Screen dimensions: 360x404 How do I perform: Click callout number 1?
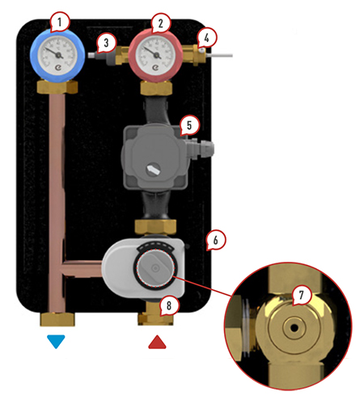[60, 22]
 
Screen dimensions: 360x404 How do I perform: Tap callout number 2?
[161, 23]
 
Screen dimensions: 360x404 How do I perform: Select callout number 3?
[107, 43]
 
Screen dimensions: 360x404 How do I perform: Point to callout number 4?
[206, 38]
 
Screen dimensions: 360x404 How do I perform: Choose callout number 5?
[189, 125]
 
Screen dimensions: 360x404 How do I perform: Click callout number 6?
[216, 240]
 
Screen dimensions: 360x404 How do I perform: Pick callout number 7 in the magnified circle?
[301, 295]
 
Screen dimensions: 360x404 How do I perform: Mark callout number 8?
[169, 305]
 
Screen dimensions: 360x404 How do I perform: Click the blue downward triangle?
[56, 341]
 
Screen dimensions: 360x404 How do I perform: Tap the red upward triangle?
[157, 342]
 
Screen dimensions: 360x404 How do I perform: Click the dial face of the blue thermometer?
[57, 55]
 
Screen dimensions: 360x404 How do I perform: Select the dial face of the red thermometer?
[155, 55]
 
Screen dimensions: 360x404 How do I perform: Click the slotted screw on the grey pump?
[154, 170]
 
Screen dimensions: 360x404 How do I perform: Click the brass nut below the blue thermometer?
[57, 86]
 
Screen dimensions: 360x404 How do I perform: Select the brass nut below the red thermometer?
[156, 88]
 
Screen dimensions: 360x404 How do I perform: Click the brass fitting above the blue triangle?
[57, 319]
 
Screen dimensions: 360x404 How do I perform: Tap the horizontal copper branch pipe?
[83, 268]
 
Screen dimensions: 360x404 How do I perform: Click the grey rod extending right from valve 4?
[219, 56]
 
